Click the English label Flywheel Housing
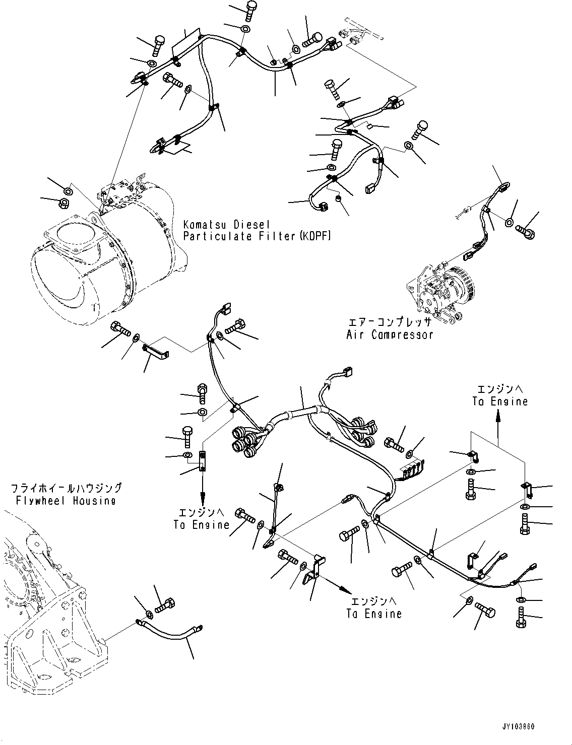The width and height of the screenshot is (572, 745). click(66, 500)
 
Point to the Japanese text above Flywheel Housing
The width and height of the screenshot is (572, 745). click(66, 488)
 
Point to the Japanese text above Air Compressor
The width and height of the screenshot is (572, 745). click(389, 322)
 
